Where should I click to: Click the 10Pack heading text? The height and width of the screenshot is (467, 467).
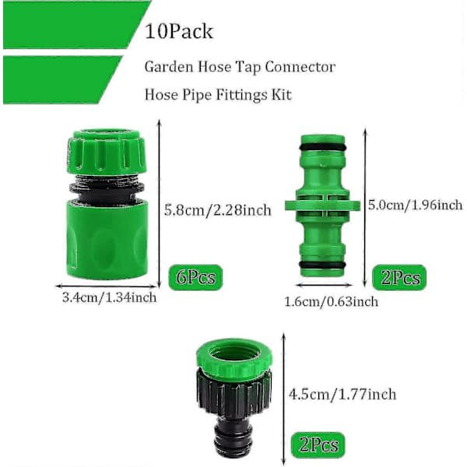point(179,31)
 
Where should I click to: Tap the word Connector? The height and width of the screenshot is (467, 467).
point(300,67)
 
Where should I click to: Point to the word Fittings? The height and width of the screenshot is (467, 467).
point(237,95)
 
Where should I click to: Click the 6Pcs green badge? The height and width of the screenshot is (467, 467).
point(195,277)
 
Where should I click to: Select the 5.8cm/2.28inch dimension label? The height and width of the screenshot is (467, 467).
point(218,210)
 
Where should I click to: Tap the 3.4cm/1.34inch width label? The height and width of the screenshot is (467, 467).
point(109,297)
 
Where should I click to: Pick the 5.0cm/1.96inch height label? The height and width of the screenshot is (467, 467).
point(416,205)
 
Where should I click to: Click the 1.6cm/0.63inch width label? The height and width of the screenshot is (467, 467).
point(332,302)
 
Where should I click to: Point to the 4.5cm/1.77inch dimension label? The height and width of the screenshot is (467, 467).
point(342,395)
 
